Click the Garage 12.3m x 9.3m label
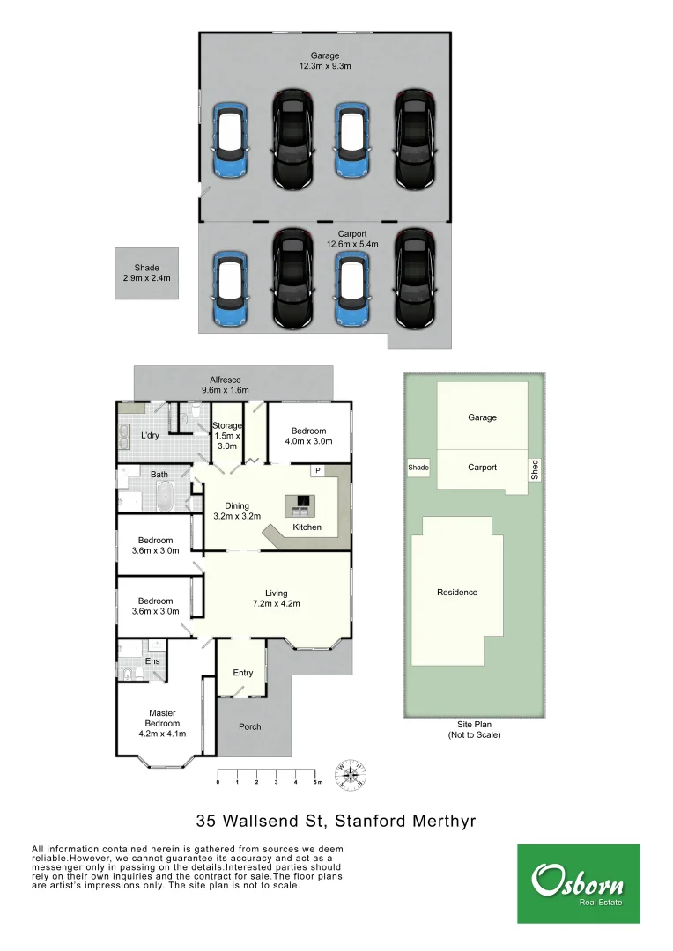324,61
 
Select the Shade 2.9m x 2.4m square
146,273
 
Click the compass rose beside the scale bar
351,776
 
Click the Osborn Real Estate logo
578,884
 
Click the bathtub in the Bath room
166,498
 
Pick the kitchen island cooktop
300,505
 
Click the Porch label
250,726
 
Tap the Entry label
243,673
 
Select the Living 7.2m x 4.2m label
276,599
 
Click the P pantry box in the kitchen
315,470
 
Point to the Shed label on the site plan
534,470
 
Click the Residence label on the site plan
457,593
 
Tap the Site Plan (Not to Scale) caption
474,729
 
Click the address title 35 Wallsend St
336,822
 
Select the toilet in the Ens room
129,675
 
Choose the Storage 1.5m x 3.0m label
227,436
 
